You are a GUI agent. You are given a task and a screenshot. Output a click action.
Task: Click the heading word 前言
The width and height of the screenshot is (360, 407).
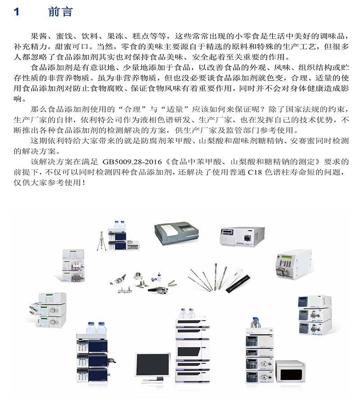point(60,12)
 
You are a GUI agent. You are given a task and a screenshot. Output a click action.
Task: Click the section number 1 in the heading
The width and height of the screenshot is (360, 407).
point(17,12)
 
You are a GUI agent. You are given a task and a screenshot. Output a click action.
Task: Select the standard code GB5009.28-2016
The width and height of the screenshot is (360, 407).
point(132,162)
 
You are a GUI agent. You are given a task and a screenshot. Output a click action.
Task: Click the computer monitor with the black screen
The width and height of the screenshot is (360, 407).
point(153,367)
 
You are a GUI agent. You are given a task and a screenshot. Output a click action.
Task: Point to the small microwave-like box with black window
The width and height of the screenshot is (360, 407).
point(290,371)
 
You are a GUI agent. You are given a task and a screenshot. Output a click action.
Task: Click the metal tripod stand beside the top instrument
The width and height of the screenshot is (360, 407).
point(102,241)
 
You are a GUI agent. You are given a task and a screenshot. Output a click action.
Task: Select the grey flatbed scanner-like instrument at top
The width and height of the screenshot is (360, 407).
point(176,233)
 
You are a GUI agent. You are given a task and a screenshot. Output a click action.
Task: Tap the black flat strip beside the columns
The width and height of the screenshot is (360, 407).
point(238,284)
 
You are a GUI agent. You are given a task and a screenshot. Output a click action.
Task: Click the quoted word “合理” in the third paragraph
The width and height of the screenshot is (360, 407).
point(132,109)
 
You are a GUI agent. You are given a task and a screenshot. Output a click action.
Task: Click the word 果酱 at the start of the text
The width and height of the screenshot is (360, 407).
point(39,36)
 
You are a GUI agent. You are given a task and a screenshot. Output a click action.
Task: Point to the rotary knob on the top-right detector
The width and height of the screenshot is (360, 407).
point(247,237)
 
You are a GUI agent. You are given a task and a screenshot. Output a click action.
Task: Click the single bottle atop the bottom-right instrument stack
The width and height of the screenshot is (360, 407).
point(256,322)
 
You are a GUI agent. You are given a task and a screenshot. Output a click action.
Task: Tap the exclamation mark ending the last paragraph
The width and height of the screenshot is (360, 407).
point(83,183)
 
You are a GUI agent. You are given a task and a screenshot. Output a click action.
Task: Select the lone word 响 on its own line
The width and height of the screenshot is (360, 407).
point(18,99)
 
